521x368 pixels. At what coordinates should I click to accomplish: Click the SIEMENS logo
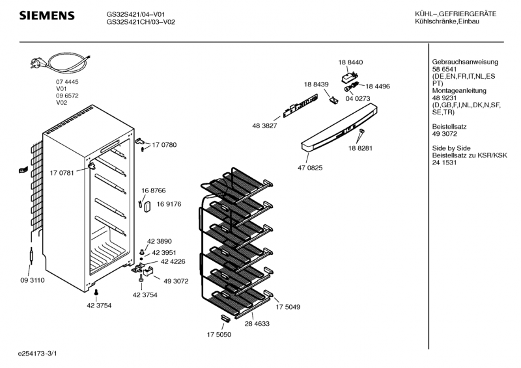pos(46,16)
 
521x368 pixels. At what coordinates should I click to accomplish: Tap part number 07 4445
pos(67,81)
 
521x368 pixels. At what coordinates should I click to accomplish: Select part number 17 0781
pos(62,172)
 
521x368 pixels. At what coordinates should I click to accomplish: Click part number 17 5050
pos(219,335)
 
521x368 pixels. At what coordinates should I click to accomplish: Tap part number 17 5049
pos(287,306)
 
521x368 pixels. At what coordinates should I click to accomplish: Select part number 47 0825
pos(310,167)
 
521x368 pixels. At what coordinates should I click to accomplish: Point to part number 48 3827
pos(264,125)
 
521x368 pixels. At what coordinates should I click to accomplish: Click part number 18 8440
pos(350,62)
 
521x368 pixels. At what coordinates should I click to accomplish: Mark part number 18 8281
pos(360,148)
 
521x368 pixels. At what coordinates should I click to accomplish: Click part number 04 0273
pos(358,98)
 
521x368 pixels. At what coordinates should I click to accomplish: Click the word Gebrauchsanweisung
pos(456,62)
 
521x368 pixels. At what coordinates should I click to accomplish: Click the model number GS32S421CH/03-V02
pos(141,21)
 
